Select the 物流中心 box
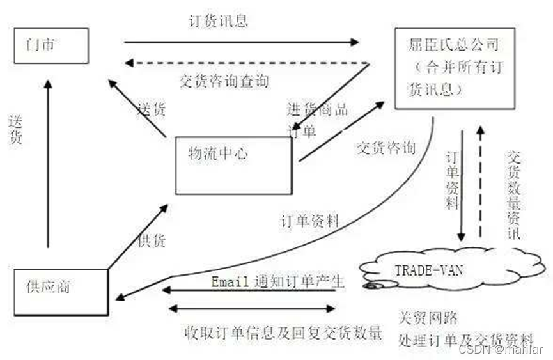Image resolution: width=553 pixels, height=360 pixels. pos(233,165)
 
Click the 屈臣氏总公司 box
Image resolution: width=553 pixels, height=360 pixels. pos(454,68)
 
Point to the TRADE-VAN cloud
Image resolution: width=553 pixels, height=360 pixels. pos(435,272)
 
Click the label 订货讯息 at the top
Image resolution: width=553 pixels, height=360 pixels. pos(219,20)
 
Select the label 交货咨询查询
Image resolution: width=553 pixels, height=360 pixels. pos(224,81)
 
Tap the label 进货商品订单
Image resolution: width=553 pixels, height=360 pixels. pos(316,118)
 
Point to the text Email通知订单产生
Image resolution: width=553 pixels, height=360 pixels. pos(277,281)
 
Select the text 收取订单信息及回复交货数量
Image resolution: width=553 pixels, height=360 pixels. pos(283,333)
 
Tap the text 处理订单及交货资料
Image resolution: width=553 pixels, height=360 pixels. pos(465,338)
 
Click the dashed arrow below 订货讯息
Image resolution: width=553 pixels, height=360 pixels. pos(246,63)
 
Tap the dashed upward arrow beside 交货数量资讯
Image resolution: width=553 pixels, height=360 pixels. pos(481,185)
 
